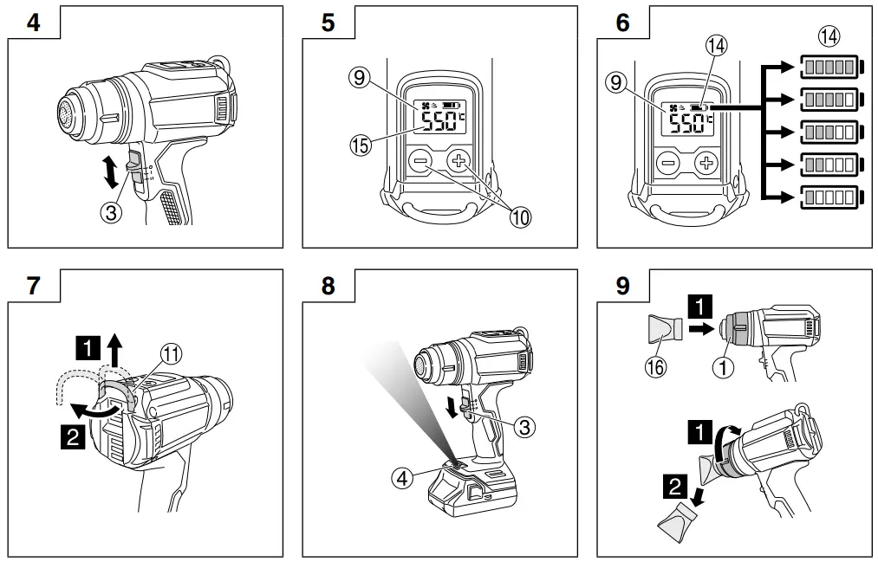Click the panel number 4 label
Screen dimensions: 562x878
coord(33,23)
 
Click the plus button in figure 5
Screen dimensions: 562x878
coord(459,162)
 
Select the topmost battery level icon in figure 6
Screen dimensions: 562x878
coord(829,66)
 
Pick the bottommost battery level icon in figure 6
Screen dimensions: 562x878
coord(829,197)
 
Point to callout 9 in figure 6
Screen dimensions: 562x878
coord(616,83)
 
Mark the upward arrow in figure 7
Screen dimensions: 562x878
coord(114,351)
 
